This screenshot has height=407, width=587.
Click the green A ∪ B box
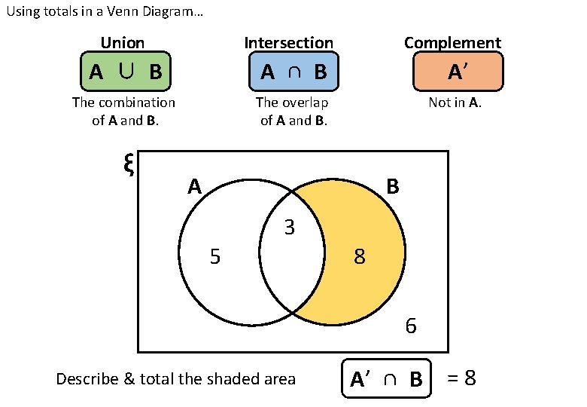[x=125, y=72]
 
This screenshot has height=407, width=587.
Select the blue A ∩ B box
[x=293, y=72]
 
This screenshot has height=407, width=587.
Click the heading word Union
[x=123, y=43]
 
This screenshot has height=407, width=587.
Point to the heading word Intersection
[x=289, y=43]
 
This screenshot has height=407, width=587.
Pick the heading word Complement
[x=452, y=43]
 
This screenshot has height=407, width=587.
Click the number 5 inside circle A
[x=215, y=258]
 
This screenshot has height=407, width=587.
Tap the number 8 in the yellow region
[x=360, y=258]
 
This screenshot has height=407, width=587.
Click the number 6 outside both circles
[x=411, y=326]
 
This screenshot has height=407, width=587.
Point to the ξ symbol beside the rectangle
[x=128, y=164]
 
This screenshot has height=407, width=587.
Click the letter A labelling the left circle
[x=195, y=186]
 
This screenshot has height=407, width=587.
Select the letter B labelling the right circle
[x=393, y=186]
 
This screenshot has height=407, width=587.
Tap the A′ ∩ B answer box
[x=386, y=378]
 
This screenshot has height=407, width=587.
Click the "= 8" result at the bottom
[x=461, y=378]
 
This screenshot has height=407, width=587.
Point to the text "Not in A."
[x=455, y=103]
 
